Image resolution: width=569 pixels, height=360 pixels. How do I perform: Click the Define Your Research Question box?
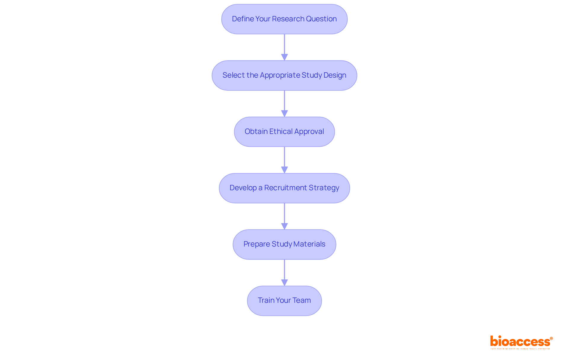coord(284,19)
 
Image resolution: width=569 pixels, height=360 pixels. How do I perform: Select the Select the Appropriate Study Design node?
coord(284,75)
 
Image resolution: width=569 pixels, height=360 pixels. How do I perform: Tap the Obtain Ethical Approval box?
coord(284,132)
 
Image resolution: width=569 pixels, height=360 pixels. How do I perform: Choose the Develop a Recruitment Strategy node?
coord(284,188)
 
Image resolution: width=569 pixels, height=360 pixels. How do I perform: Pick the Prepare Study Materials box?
coord(284,244)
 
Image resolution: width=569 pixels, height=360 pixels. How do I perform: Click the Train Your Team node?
coord(284,300)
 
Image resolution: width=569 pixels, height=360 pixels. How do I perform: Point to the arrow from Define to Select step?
coord(284,47)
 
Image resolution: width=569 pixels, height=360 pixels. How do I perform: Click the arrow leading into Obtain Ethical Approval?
coord(284,103)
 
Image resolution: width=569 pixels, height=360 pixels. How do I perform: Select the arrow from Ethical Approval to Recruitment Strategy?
coord(284,160)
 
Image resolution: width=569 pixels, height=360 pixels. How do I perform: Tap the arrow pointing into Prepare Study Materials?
coord(284,216)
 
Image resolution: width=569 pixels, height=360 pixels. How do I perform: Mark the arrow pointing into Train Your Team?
coord(284,272)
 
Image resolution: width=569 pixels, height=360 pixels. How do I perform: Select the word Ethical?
coord(281,132)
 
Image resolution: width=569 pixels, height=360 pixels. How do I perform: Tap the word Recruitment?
coord(285,188)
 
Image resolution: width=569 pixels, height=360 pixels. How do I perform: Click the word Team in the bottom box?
coord(301,300)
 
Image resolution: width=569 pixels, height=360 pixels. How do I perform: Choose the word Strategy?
coord(324,188)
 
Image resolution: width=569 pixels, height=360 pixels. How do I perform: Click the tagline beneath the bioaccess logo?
coord(520,349)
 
